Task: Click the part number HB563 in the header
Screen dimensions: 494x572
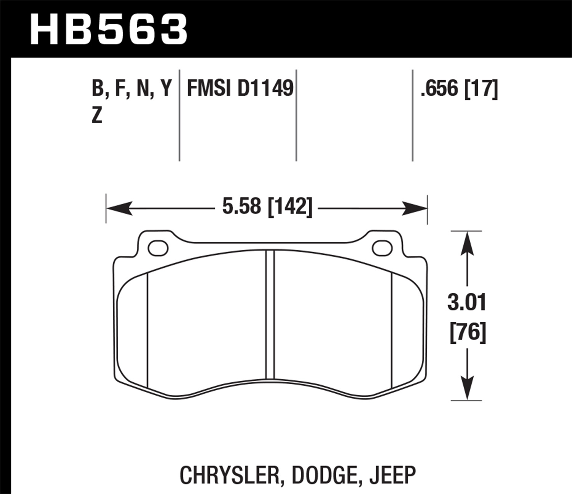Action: click(109, 29)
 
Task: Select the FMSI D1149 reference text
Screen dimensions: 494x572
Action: click(240, 89)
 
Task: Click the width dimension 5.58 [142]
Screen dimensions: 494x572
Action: click(267, 207)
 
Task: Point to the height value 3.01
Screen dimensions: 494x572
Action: click(467, 303)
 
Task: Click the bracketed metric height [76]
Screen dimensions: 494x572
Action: click(468, 332)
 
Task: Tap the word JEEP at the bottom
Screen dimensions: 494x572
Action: click(393, 475)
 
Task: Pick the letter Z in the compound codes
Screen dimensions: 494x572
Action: click(97, 115)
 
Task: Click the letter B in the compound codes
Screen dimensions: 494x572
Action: click(98, 89)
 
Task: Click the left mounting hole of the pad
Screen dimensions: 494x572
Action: click(158, 249)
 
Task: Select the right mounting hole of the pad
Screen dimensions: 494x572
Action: click(382, 249)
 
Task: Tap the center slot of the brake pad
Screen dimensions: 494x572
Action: click(270, 314)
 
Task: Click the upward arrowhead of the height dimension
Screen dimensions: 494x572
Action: click(467, 244)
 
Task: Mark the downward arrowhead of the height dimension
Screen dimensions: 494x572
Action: click(467, 388)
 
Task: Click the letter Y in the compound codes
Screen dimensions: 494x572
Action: click(165, 89)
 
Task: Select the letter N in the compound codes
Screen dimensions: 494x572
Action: click(143, 89)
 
